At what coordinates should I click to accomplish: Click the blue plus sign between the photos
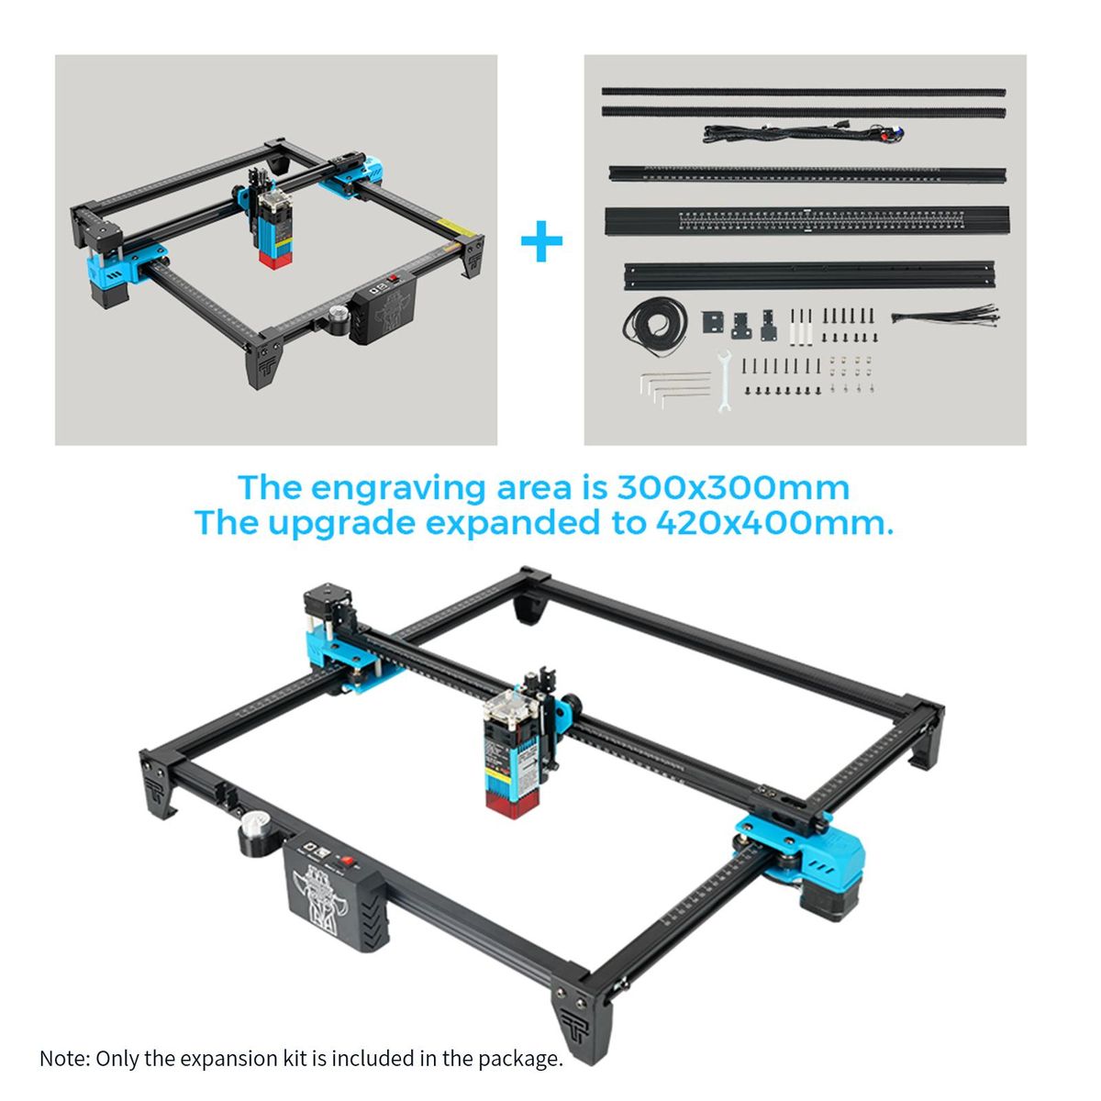(x=541, y=240)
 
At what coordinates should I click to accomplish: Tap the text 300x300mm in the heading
(x=733, y=487)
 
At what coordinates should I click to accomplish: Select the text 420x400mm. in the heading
(x=774, y=523)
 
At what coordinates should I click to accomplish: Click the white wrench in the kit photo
(x=724, y=381)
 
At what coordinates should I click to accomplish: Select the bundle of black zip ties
(x=946, y=316)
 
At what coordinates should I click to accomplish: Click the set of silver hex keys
(x=674, y=388)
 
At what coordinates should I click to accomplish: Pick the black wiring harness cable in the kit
(x=804, y=133)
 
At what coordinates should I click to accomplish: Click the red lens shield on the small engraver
(x=275, y=259)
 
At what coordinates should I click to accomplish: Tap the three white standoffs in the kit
(x=801, y=327)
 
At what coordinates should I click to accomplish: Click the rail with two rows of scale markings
(x=806, y=221)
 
